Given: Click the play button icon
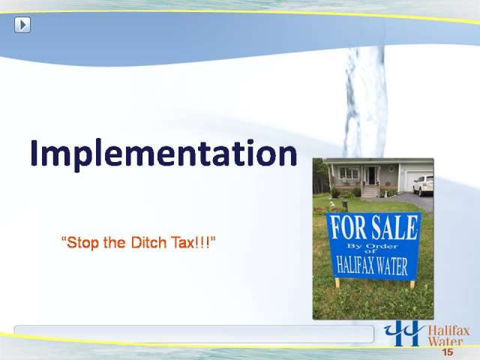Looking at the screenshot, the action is coord(22,25).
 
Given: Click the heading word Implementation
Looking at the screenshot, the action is coord(163,154).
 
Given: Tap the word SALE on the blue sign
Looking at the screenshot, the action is coord(394,227).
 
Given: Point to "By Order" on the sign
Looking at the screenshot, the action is coord(372,246).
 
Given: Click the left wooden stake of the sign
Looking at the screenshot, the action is coord(337,283).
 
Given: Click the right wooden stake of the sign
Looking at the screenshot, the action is coord(412,284).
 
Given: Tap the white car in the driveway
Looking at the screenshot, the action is coord(423,185).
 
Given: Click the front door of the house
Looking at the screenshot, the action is coord(371,175).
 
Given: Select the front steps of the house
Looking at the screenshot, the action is coord(370,192).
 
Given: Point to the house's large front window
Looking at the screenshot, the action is coord(349,173).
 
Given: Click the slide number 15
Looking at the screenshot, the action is coord(447,352).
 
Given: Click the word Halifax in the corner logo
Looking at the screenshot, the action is coord(448,331).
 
